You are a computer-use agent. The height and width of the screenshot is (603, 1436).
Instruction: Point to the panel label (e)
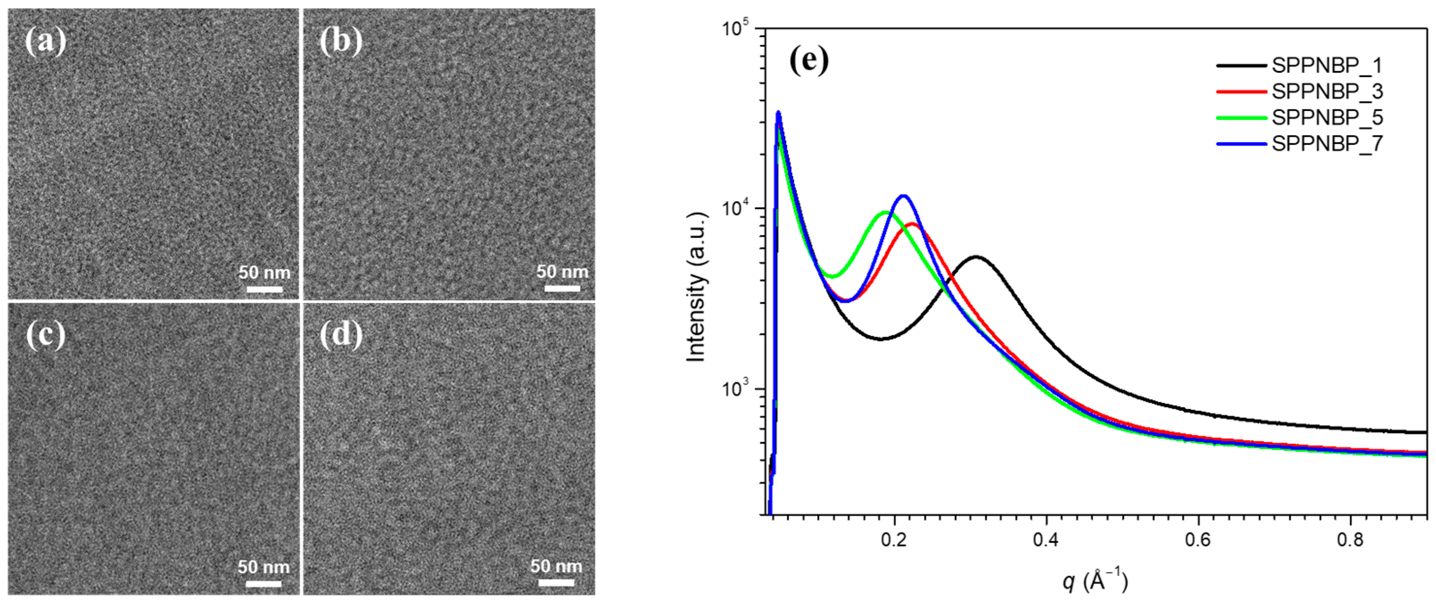point(809,60)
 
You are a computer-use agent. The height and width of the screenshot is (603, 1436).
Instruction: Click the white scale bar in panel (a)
point(264,289)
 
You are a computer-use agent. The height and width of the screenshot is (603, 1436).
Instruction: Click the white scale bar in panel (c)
point(263,584)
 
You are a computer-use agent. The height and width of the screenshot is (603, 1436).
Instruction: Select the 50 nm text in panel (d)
point(556,567)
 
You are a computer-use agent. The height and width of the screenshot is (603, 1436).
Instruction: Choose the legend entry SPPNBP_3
point(1326,91)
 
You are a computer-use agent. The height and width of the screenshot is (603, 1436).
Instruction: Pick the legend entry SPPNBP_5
point(1326,118)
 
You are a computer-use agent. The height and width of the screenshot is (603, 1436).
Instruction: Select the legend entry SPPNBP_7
point(1326,144)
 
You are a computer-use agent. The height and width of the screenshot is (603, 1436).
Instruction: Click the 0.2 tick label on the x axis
point(894,541)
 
